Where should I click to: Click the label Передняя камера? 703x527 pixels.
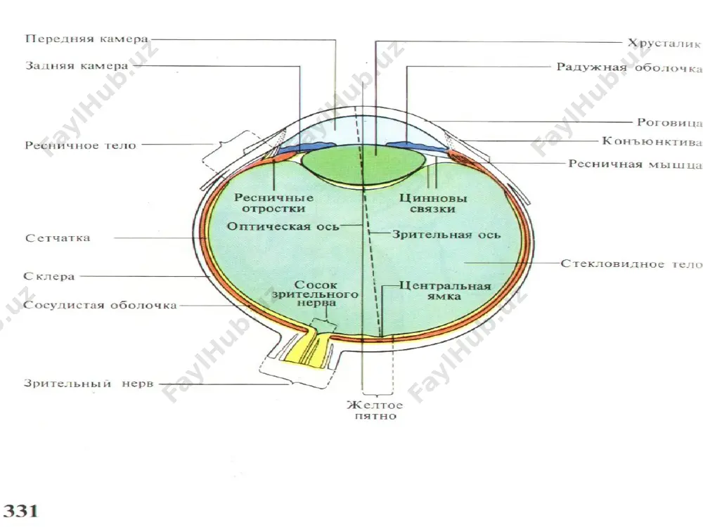tap(86, 39)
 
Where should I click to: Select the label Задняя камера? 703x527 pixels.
tap(77, 66)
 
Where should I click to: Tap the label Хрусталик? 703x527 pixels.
tap(664, 43)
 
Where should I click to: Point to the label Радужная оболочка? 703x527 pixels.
tap(629, 67)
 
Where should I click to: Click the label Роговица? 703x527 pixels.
tap(670, 122)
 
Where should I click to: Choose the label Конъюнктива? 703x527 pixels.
tap(652, 142)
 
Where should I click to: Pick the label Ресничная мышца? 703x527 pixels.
tap(636, 164)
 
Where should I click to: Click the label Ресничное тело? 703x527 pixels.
tap(80, 145)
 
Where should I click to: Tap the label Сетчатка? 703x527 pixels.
tap(58, 238)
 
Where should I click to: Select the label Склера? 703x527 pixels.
tap(49, 276)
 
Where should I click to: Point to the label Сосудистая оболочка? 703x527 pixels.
tap(100, 306)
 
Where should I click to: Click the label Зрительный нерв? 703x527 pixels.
tap(89, 384)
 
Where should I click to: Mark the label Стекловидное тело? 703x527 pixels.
tap(632, 264)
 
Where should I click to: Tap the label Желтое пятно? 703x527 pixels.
tap(375, 410)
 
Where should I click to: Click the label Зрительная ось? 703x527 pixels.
tap(446, 235)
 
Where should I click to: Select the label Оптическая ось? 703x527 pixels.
tap(283, 226)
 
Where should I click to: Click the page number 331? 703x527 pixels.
tap(20, 512)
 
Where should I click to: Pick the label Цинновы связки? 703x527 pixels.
tap(433, 203)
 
